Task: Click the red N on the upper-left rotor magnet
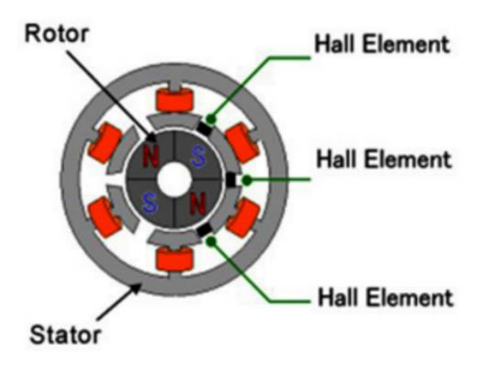pos(149,155)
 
